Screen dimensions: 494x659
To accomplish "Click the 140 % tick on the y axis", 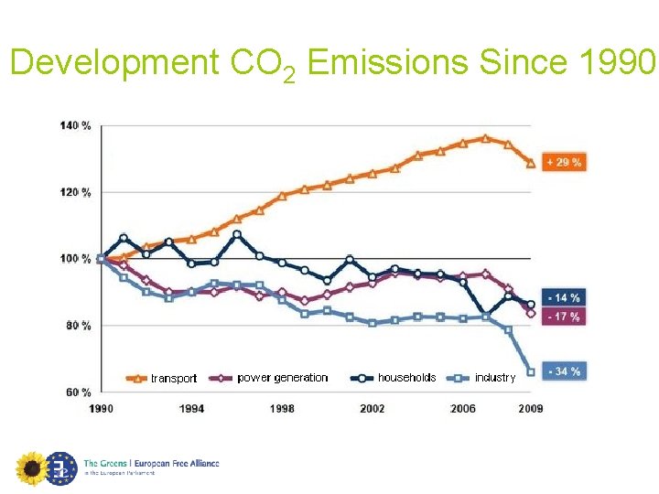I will tap(76, 125).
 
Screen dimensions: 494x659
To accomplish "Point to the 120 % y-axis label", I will tap(76, 192).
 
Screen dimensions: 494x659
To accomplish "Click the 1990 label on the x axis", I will tap(101, 409).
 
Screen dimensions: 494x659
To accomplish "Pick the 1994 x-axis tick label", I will tap(191, 409).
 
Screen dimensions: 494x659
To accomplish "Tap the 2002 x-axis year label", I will tap(372, 409).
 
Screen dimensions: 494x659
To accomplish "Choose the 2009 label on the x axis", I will tap(530, 409).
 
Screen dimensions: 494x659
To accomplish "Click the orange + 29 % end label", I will tap(563, 163).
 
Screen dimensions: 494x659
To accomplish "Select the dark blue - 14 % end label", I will tap(563, 298).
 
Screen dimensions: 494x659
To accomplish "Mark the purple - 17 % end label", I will tap(563, 317).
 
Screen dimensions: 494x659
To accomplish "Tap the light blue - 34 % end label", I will tap(563, 371).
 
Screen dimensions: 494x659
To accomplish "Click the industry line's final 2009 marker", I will tap(531, 371).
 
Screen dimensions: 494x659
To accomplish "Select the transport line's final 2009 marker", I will tap(530, 164).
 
